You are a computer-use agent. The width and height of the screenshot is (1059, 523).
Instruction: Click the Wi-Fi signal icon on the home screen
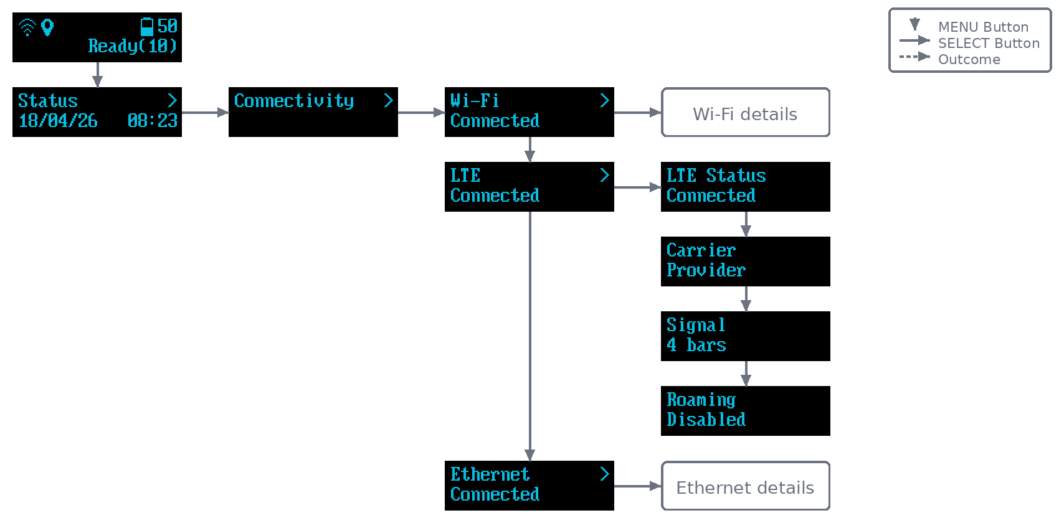27,27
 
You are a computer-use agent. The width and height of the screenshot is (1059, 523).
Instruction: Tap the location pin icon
47,27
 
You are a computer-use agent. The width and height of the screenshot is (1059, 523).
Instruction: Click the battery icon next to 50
147,26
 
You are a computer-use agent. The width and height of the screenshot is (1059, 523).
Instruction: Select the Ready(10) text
132,46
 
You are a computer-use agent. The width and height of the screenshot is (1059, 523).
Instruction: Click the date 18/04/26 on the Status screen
58,121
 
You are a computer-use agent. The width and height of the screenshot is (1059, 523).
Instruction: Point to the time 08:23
152,121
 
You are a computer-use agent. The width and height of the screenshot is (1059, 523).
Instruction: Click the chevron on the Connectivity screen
388,100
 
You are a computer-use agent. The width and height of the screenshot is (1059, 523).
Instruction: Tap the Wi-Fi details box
746,113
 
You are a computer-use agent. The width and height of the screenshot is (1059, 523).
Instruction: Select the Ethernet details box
746,486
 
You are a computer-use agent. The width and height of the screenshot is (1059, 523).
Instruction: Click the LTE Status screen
746,187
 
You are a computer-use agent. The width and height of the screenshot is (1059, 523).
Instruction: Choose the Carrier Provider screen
746,261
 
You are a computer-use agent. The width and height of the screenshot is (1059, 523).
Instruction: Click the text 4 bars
696,345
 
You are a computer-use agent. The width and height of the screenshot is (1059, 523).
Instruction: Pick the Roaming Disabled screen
746,411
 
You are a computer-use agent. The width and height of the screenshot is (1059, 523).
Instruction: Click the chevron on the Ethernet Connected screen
605,474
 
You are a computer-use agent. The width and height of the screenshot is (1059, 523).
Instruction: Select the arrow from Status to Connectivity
205,113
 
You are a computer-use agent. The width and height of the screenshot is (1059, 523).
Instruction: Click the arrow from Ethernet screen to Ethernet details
638,486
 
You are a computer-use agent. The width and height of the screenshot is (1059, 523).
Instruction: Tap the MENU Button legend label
984,27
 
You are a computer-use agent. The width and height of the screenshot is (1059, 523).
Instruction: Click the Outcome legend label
969,60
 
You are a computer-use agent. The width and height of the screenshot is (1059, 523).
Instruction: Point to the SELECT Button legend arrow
915,40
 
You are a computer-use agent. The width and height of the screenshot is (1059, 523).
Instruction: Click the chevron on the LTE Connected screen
605,176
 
